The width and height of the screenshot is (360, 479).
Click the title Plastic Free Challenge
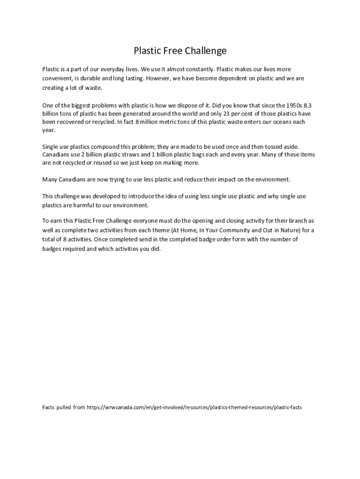(180, 51)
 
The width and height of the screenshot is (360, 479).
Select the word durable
(90, 79)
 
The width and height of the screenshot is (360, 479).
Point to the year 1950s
(292, 105)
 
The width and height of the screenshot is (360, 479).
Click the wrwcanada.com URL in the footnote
(194, 407)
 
